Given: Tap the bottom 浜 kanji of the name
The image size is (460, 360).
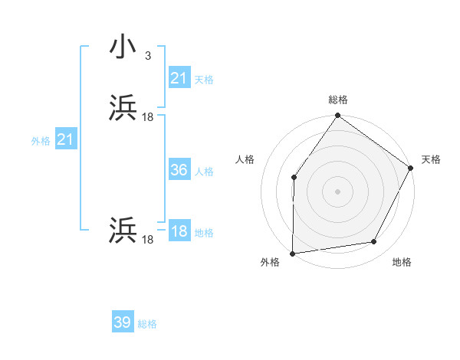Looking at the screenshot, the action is click(x=123, y=231).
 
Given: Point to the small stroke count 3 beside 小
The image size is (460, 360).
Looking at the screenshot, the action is click(x=147, y=55).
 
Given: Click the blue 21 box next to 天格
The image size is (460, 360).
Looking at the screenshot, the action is click(x=179, y=78).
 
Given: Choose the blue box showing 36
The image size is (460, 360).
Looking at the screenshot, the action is click(x=179, y=170).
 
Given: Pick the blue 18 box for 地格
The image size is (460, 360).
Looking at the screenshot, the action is click(x=179, y=232).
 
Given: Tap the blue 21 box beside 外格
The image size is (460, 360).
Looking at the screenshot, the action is click(x=66, y=140).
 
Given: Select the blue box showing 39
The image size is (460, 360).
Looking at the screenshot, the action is click(x=123, y=322).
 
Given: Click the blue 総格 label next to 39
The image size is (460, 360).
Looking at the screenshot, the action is click(x=147, y=324).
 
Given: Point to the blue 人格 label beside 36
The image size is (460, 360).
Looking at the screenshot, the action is click(x=205, y=172).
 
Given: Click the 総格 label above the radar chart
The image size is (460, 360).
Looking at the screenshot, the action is click(x=337, y=100).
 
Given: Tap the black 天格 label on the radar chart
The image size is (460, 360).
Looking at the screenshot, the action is click(x=431, y=159).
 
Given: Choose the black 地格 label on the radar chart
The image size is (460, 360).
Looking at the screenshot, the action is click(x=402, y=262).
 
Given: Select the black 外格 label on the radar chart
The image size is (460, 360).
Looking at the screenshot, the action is click(x=270, y=262).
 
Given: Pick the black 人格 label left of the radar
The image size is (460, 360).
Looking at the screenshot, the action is click(x=245, y=159).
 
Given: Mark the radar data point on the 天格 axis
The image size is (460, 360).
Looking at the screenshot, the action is click(x=411, y=168).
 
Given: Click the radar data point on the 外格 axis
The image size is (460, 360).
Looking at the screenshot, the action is click(x=293, y=253).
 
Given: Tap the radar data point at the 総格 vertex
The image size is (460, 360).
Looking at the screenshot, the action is click(x=337, y=116).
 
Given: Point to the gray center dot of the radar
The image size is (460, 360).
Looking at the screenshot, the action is click(x=337, y=191).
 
